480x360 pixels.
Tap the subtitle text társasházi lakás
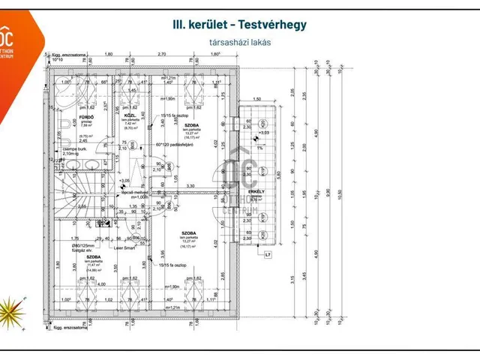[240, 42]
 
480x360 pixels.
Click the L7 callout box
[268, 254]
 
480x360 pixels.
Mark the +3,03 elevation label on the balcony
[263, 133]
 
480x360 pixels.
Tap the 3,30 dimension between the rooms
[191, 185]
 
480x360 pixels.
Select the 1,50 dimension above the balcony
[255, 99]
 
